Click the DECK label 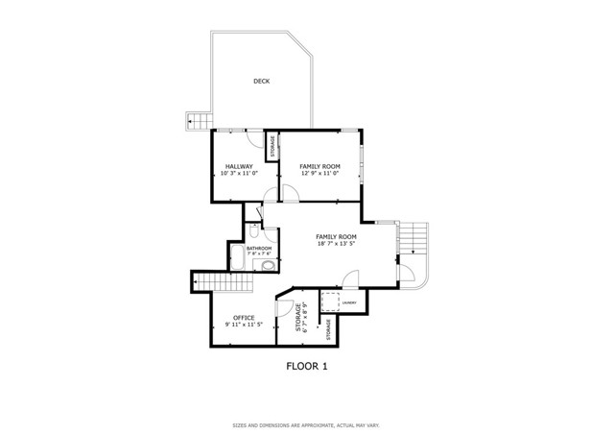coord(261,82)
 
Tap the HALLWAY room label coord(238,166)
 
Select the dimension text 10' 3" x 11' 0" coord(238,174)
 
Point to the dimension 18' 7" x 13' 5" coord(336,244)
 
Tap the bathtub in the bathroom coord(237,257)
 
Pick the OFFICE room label coord(244,317)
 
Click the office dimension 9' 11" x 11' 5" coord(244,325)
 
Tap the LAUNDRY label coord(349,304)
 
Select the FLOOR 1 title coord(306,366)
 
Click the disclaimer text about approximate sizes coord(306,424)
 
